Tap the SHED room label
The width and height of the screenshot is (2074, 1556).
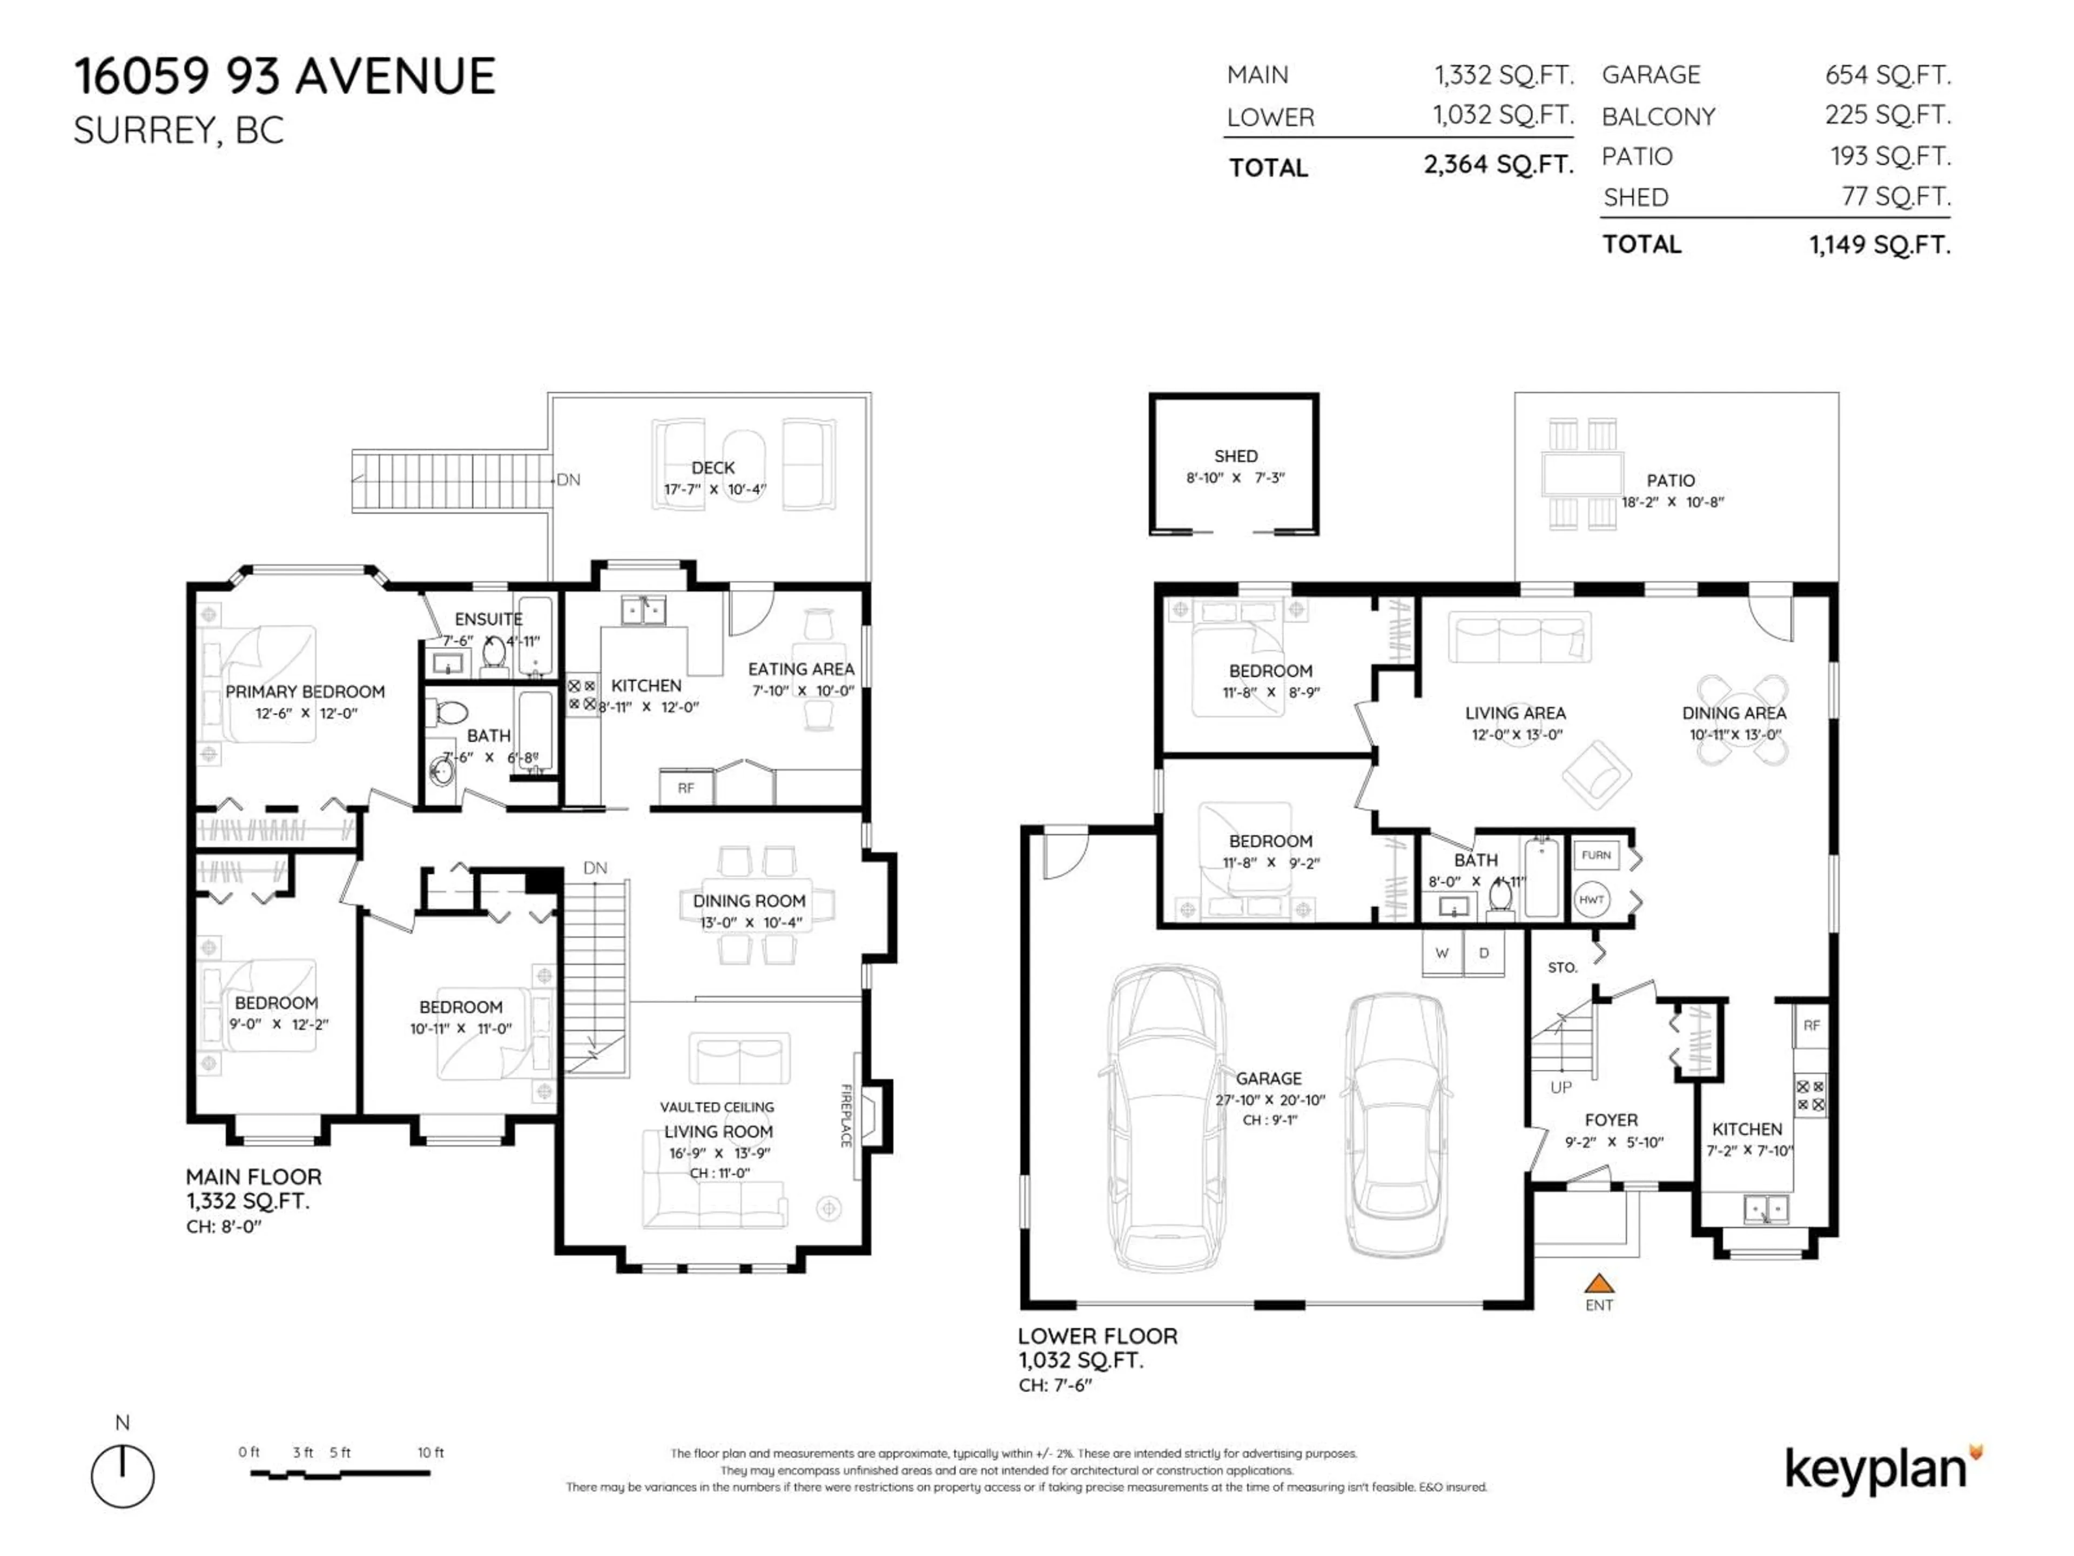(x=1235, y=456)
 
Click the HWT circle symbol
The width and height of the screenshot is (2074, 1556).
(x=1591, y=900)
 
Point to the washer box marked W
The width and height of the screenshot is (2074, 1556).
(x=1442, y=953)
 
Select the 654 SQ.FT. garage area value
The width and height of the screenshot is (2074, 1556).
(x=1887, y=75)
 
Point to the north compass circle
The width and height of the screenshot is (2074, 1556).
(x=123, y=1476)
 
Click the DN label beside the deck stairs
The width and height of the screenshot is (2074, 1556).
(x=568, y=480)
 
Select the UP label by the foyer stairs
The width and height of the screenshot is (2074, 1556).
(x=1560, y=1087)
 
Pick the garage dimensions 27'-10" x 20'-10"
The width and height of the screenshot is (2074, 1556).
(x=1270, y=1099)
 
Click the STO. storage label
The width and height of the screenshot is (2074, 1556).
(x=1562, y=967)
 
